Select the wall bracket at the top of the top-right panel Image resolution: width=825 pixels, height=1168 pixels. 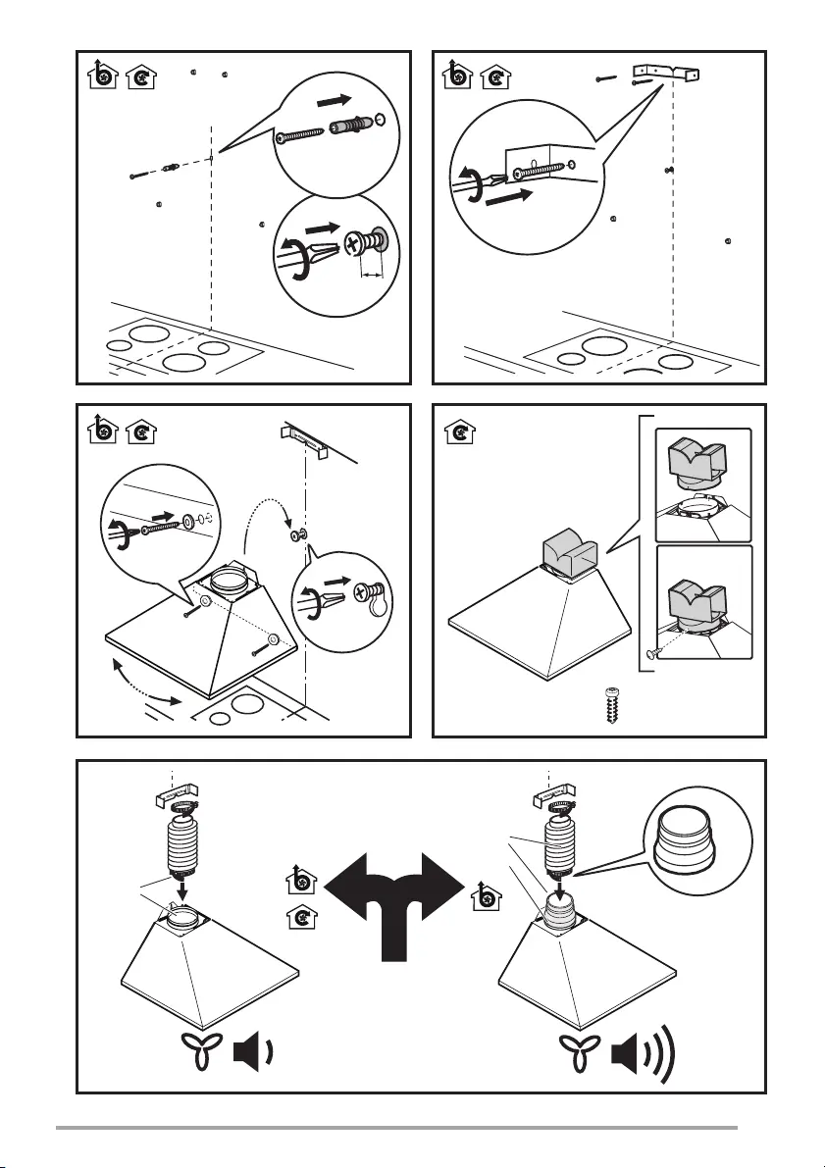click(x=669, y=74)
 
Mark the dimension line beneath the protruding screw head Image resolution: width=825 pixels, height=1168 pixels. click(x=370, y=276)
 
